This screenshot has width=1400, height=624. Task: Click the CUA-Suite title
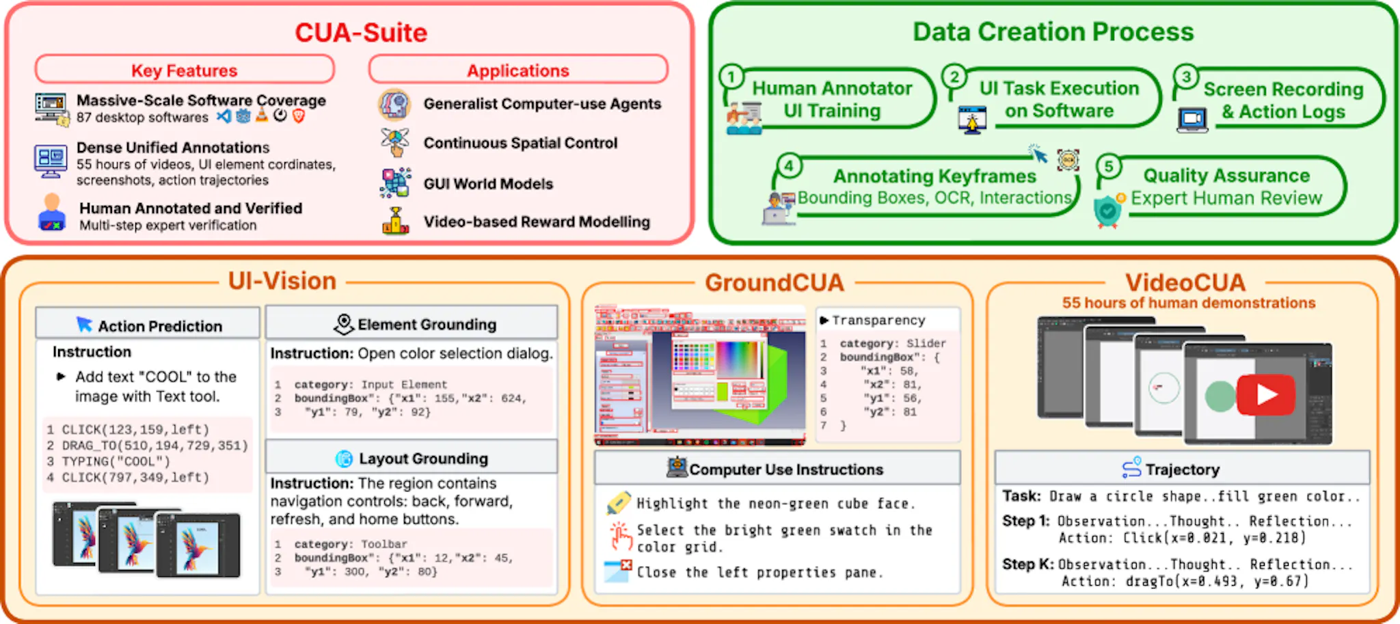(x=361, y=33)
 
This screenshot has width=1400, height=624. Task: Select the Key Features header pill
(x=185, y=70)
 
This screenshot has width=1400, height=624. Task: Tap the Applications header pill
(x=517, y=70)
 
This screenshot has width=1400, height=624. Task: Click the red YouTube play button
(x=1265, y=394)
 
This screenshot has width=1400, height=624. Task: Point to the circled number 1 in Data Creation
(x=731, y=77)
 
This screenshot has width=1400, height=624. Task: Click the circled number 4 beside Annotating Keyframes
(x=789, y=165)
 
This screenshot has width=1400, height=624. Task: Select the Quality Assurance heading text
(x=1226, y=176)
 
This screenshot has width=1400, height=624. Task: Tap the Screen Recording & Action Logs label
(x=1283, y=100)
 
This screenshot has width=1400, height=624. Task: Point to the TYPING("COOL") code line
(x=116, y=461)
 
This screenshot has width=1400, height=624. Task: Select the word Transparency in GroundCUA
(x=878, y=320)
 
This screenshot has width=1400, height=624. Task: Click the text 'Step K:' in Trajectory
(x=1027, y=565)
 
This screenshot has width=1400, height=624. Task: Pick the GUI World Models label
(x=488, y=184)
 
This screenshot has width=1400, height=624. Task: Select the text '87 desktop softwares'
(x=142, y=118)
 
